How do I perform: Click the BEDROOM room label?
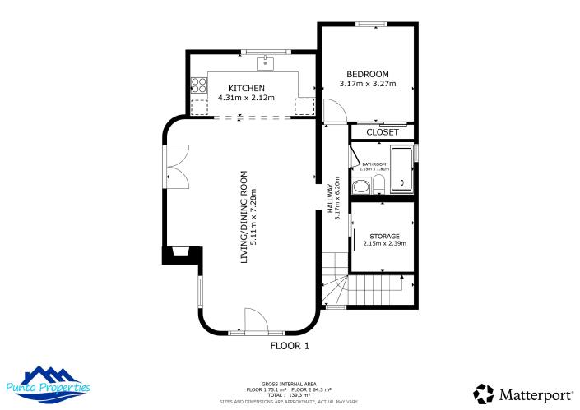367,74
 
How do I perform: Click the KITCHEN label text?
246,88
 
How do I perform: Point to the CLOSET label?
382,132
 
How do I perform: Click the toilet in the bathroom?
378,186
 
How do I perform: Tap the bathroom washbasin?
359,187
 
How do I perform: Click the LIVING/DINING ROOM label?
244,216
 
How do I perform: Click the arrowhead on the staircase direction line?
401,279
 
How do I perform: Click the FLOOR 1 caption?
290,346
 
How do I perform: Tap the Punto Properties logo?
49,383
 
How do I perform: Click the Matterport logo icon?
485,394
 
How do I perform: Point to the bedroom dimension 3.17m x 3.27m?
367,84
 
